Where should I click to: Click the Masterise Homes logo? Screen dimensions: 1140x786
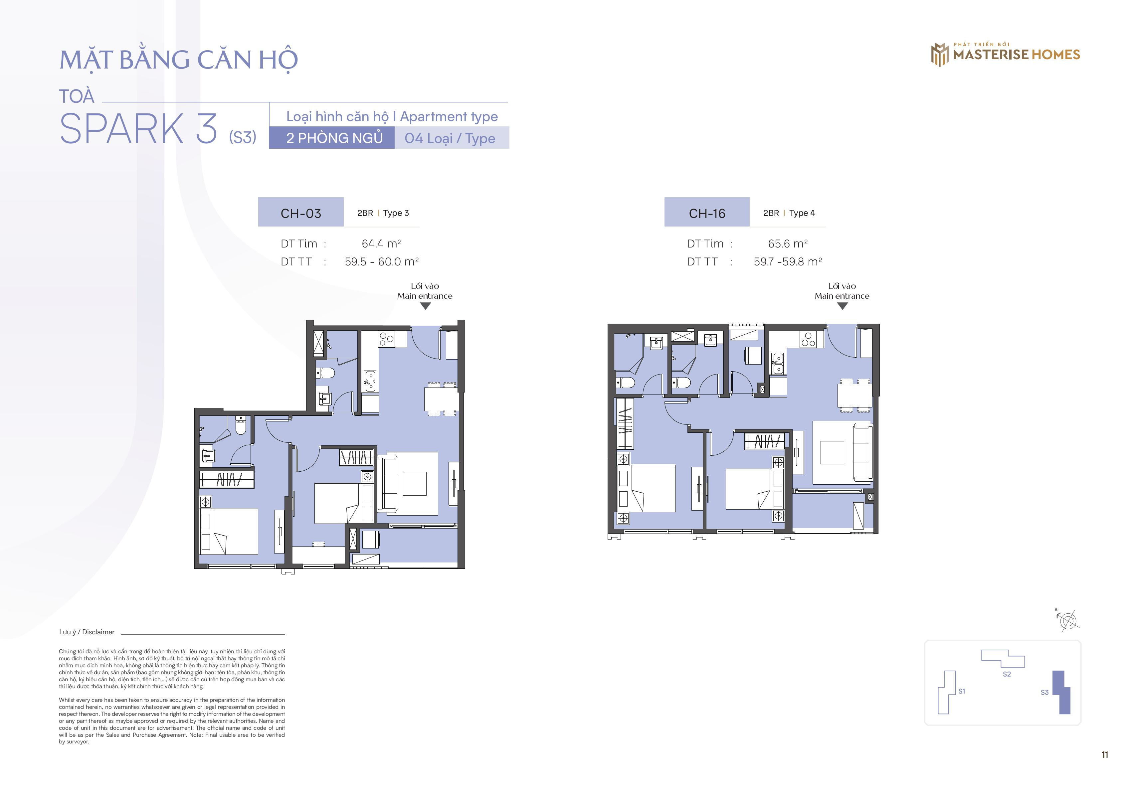click(1005, 54)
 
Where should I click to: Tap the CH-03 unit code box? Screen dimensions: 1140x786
click(300, 212)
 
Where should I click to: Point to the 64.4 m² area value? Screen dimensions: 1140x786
click(381, 244)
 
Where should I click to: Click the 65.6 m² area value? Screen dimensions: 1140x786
click(787, 244)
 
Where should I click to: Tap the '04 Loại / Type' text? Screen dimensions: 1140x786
click(450, 138)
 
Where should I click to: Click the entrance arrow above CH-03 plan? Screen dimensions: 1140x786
click(425, 306)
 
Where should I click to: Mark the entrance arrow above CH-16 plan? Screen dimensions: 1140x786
click(843, 306)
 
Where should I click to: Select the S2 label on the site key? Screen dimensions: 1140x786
click(1007, 674)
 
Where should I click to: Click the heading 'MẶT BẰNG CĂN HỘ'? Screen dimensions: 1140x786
click(178, 59)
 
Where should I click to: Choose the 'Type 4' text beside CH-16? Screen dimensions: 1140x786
click(802, 213)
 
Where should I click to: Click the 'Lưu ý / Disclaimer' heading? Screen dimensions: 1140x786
click(87, 632)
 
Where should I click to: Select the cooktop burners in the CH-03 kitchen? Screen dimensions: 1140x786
click(386, 338)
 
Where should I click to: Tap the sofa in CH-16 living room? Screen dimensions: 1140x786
click(862, 452)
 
